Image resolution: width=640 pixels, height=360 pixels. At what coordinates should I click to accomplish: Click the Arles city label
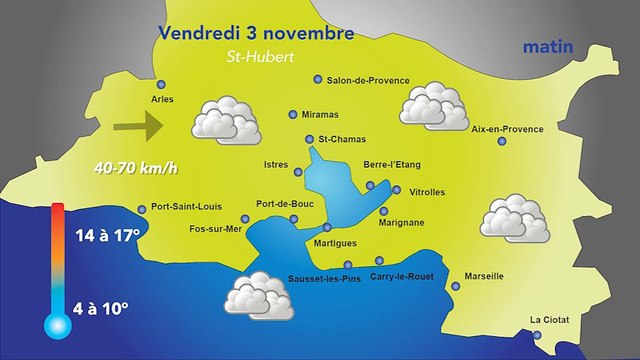[161, 100]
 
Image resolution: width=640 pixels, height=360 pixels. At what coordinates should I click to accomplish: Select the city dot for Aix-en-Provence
[502, 141]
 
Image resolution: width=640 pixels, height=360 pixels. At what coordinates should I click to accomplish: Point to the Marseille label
[484, 276]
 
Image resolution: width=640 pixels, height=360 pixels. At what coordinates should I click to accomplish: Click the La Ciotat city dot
[536, 335]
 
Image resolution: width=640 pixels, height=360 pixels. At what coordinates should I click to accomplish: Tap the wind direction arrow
[138, 127]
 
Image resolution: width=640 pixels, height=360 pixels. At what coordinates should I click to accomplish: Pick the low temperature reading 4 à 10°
[101, 310]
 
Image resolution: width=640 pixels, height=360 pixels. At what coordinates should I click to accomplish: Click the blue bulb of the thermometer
[55, 325]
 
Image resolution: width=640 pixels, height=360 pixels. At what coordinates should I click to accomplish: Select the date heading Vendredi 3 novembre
[256, 33]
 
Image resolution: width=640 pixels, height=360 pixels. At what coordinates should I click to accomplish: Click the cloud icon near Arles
[225, 119]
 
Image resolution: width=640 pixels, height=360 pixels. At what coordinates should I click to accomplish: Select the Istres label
[275, 163]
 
